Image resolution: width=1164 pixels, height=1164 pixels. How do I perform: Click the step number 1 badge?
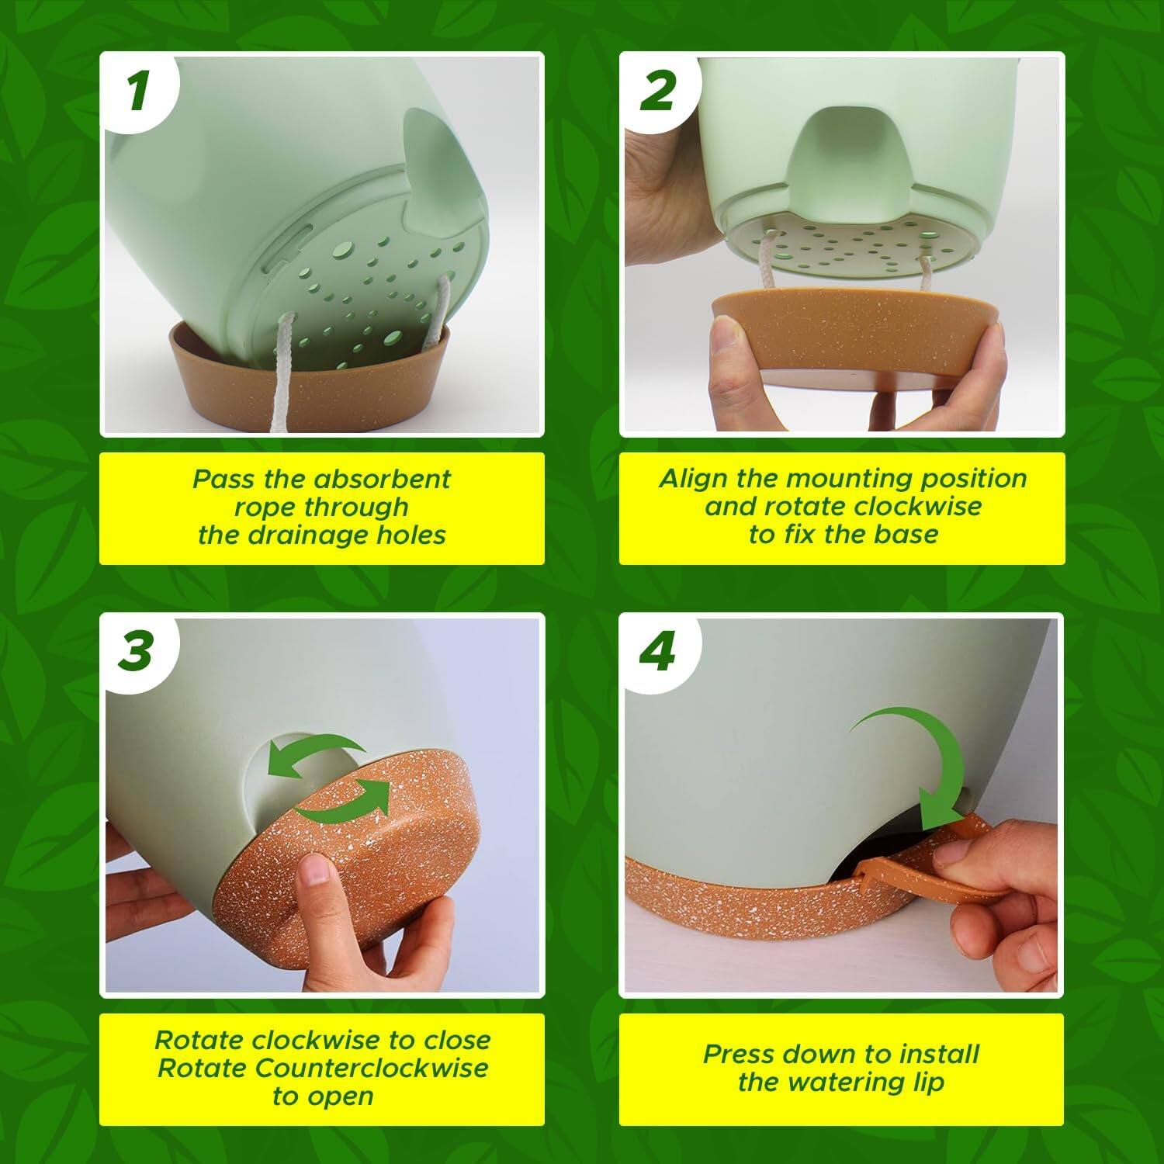coord(138,91)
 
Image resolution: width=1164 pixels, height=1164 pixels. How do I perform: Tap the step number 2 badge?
coord(658,91)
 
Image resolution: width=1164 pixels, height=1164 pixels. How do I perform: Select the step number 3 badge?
coord(137,651)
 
